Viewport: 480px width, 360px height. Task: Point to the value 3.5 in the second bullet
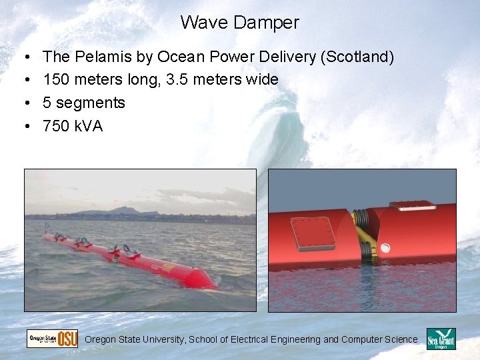tap(177, 80)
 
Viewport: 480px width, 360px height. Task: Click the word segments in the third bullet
tap(90, 103)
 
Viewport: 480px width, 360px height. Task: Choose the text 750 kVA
tap(73, 125)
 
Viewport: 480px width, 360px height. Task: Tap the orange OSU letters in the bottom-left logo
tap(67, 339)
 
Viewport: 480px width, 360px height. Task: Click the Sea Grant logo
tap(441, 339)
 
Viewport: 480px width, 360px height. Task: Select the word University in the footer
tap(163, 340)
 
